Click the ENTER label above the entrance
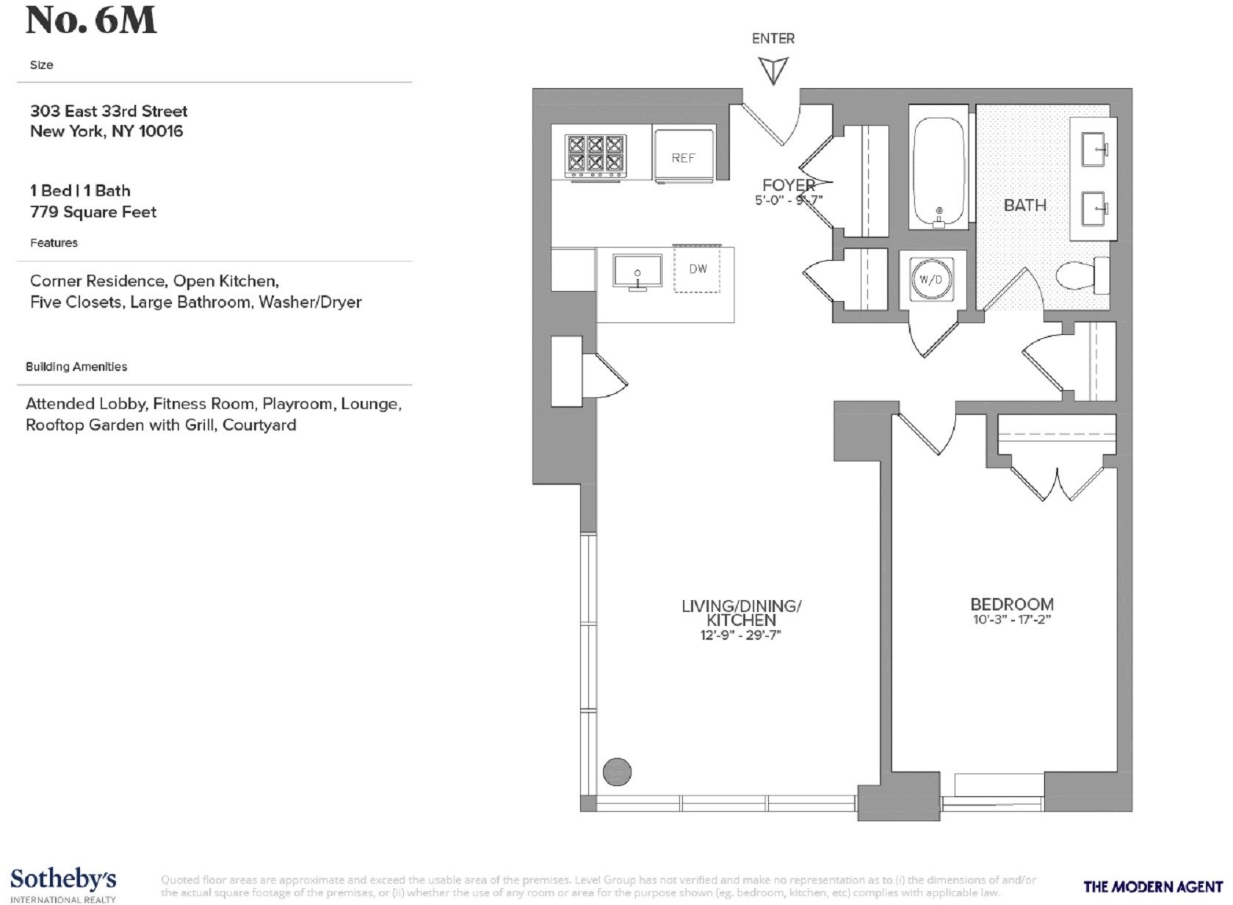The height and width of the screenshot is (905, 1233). (773, 38)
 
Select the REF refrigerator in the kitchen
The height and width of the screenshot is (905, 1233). (683, 156)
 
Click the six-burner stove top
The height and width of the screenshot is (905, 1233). (594, 155)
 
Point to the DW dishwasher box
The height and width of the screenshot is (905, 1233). (697, 269)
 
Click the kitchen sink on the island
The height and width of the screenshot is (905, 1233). (637, 272)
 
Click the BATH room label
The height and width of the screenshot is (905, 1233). (1024, 205)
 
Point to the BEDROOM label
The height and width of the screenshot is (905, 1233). (1011, 605)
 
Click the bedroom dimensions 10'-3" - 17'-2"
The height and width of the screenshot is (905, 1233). (1011, 619)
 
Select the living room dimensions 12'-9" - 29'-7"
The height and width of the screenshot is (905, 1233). (740, 635)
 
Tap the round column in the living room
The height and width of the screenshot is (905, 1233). (617, 771)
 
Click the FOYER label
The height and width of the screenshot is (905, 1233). (788, 185)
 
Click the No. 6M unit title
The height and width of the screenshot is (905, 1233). (91, 21)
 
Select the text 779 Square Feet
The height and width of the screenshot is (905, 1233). (93, 212)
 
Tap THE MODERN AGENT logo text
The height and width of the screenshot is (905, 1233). (1152, 887)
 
